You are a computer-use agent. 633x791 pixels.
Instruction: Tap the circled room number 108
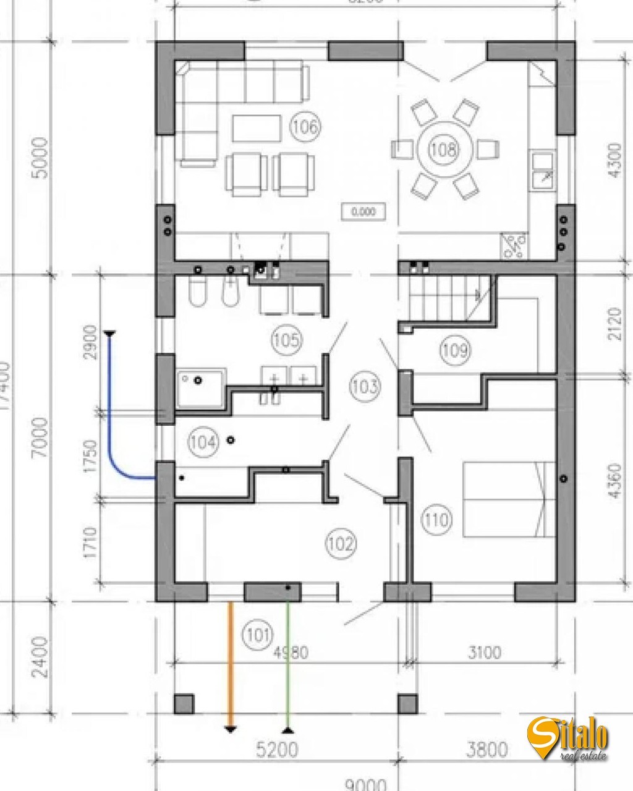(444, 149)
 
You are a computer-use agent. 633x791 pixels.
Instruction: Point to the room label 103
(364, 387)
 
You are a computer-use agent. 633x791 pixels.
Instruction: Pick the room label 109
(454, 350)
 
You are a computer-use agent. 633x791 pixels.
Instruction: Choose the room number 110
(436, 519)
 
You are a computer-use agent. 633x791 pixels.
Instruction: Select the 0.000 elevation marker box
(363, 212)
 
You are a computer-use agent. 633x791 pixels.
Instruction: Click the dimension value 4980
(291, 653)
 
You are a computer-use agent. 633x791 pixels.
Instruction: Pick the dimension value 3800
(487, 750)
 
